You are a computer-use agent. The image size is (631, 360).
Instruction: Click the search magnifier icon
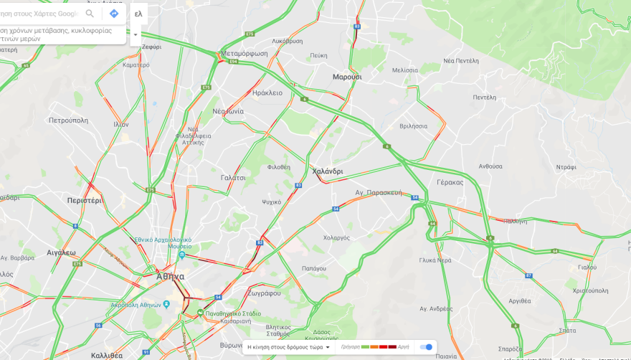[x=90, y=14]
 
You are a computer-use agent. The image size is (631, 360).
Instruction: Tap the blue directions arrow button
[x=114, y=14]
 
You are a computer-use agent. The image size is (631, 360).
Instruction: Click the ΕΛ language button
[x=138, y=14]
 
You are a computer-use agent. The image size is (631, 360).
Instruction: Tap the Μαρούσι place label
[x=347, y=77]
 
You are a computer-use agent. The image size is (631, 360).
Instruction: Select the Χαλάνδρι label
[x=328, y=171]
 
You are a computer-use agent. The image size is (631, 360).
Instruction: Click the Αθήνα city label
[x=171, y=276]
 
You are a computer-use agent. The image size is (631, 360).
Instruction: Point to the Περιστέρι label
[x=85, y=200]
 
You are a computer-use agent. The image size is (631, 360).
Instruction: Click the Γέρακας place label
[x=450, y=182]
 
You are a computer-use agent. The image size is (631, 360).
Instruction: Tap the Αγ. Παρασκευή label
[x=379, y=193]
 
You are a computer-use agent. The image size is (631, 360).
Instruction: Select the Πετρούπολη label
[x=68, y=120]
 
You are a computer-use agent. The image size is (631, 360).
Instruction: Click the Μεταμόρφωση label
[x=244, y=53]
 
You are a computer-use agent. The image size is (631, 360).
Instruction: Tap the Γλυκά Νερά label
[x=435, y=260]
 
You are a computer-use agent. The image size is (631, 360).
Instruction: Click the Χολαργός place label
[x=336, y=237]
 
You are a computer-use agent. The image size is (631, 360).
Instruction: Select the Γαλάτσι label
[x=233, y=177]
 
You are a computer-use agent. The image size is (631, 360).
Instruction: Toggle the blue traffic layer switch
[x=426, y=347]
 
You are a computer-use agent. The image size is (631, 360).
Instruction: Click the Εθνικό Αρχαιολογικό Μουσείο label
[x=163, y=243]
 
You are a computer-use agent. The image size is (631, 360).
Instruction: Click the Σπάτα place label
[x=547, y=331]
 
